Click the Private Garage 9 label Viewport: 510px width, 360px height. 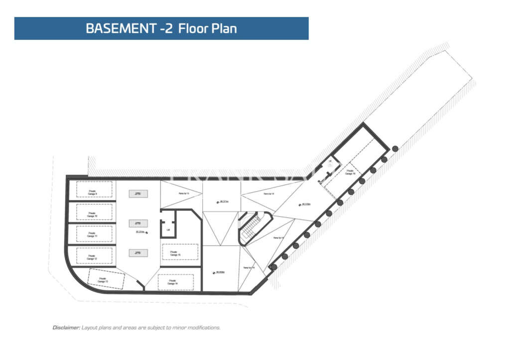[93, 192]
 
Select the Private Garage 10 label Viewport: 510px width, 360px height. [92, 215]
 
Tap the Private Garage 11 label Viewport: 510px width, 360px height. [92, 234]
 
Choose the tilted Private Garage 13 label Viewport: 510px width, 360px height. [103, 280]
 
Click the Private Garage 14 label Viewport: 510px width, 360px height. [172, 282]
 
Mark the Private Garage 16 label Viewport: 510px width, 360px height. [351, 172]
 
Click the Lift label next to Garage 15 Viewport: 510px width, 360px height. [168, 230]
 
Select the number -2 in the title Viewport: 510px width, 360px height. [167, 28]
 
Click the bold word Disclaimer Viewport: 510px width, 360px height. [66, 328]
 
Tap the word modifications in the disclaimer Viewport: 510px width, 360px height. [205, 328]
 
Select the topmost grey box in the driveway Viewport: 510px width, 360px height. [138, 193]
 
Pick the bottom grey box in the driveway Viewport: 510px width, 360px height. [138, 253]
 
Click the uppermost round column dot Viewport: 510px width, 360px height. [395, 148]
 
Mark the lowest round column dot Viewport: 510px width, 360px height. [273, 267]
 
